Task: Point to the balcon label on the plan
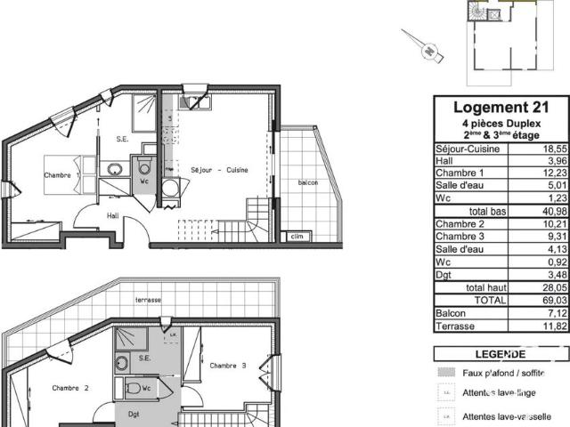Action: click(308, 182)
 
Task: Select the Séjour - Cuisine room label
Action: click(219, 170)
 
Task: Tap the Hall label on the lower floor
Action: click(114, 215)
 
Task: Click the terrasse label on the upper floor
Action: click(148, 301)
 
